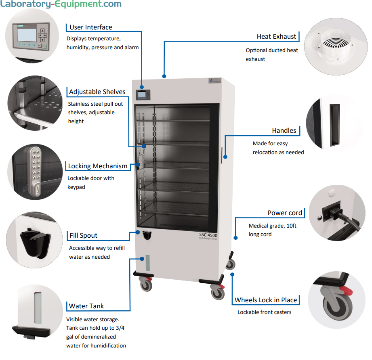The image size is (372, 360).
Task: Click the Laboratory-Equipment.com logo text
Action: pyautogui.click(x=61, y=5)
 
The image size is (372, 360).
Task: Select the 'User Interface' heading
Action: pyautogui.click(x=90, y=27)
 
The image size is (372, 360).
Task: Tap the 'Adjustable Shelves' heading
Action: pyautogui.click(x=97, y=92)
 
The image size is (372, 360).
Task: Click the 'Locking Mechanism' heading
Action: pyautogui.click(x=97, y=166)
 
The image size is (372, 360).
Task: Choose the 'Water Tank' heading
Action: pyautogui.click(x=86, y=306)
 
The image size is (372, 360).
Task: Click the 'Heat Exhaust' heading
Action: pyautogui.click(x=276, y=36)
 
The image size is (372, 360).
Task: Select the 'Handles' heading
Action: pyautogui.click(x=284, y=130)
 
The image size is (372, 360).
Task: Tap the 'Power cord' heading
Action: pyautogui.click(x=284, y=213)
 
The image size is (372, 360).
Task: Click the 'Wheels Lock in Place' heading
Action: pyautogui.click(x=266, y=300)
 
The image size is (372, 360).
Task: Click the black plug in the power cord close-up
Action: pyautogui.click(x=332, y=212)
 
